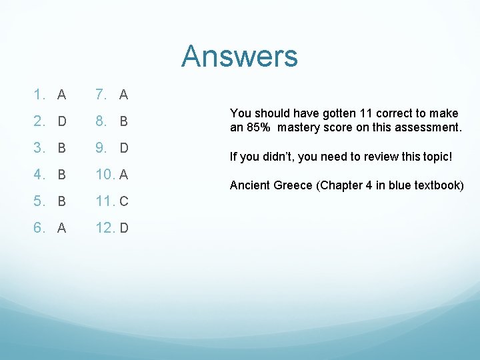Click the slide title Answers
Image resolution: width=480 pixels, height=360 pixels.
point(239,56)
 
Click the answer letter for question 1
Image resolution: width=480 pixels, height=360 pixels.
point(61,95)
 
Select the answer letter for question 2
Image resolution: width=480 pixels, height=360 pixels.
point(61,122)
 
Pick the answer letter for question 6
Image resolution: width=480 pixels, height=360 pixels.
point(61,229)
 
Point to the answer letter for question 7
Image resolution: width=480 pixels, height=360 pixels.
point(123,95)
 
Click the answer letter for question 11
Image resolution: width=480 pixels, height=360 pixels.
point(124,202)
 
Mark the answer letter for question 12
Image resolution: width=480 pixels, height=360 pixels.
point(124,229)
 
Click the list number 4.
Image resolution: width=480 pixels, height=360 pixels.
point(39,175)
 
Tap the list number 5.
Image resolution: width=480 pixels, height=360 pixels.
point(39,202)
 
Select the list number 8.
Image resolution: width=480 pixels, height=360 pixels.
point(101,122)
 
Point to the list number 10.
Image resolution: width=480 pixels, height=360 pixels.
point(105,175)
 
